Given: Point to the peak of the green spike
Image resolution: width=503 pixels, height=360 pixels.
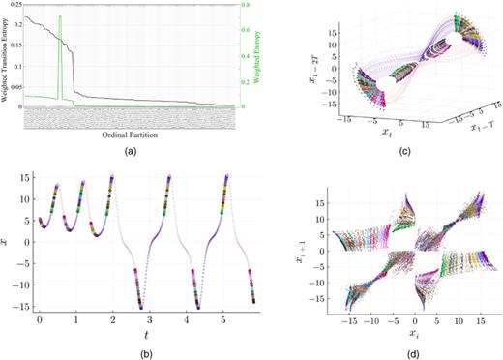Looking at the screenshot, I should coord(60,16).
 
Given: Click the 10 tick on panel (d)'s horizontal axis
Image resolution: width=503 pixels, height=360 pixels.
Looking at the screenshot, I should coord(459,317).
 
